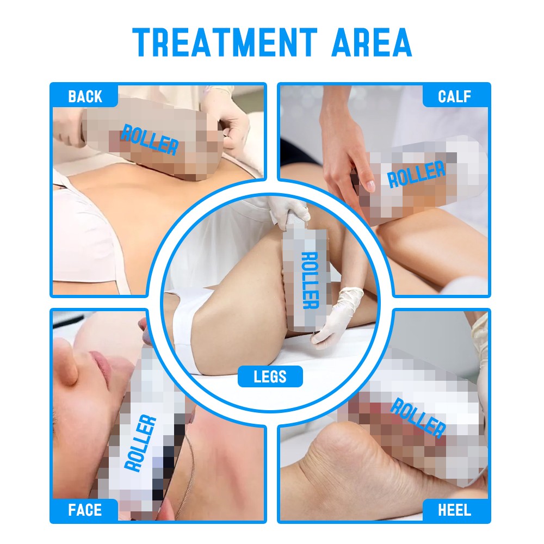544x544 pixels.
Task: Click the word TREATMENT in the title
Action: (x=225, y=42)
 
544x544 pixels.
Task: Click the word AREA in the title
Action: (x=372, y=42)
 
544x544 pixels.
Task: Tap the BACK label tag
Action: (x=85, y=96)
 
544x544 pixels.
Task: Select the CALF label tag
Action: (x=455, y=96)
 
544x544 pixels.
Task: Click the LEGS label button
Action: (x=270, y=376)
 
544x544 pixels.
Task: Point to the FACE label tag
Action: (x=85, y=510)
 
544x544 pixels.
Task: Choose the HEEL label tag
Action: (x=455, y=510)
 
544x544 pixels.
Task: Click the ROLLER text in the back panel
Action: (x=150, y=139)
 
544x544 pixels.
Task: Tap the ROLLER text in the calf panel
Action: (x=416, y=174)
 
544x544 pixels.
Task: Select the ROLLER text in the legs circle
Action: (x=310, y=280)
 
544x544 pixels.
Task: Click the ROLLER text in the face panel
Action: (x=140, y=443)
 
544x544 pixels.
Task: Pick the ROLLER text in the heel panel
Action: (x=418, y=418)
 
